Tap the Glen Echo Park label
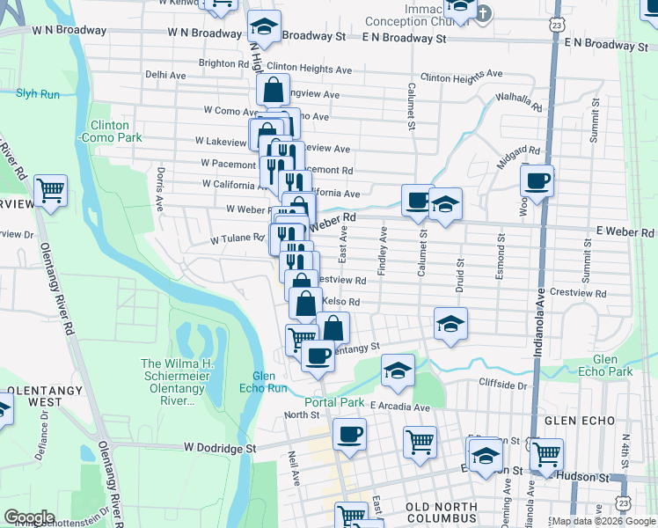click(612, 366)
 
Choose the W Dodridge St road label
click(220, 447)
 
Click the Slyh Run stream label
click(36, 92)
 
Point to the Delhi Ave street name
click(165, 76)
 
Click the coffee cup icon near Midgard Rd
click(537, 182)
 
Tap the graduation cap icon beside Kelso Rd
click(450, 324)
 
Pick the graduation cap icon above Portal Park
click(398, 370)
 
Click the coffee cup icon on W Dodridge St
click(349, 435)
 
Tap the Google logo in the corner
click(29, 517)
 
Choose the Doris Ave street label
click(159, 189)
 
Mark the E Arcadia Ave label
click(399, 407)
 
